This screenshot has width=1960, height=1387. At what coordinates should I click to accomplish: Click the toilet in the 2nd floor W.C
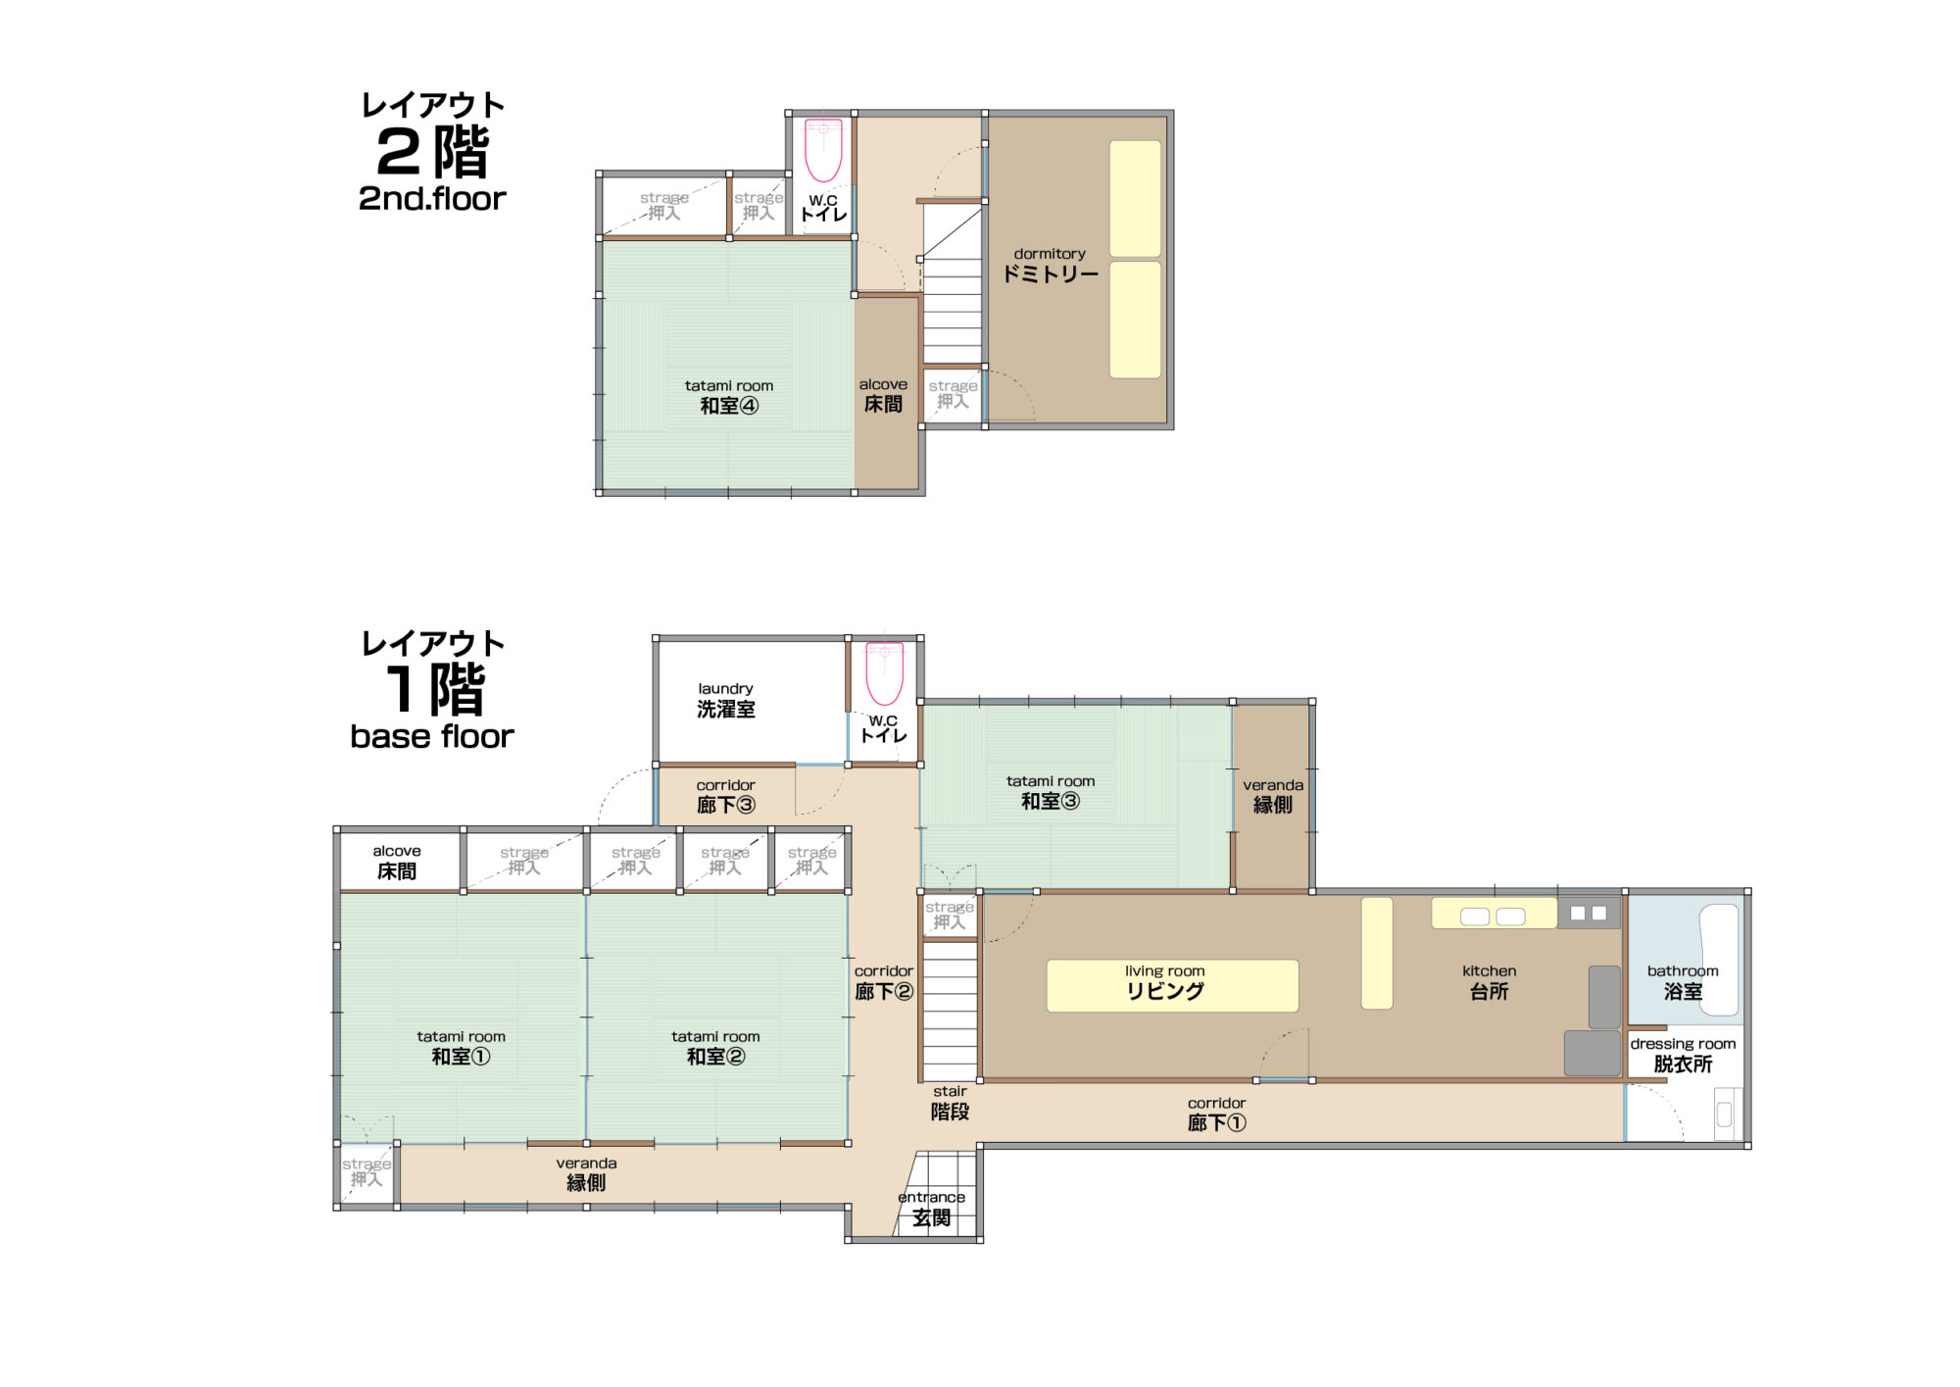(x=823, y=149)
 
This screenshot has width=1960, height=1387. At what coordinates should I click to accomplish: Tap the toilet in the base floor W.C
(x=884, y=673)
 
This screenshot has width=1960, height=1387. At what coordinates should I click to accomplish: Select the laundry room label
(x=726, y=700)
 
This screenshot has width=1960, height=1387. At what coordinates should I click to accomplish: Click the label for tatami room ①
(x=462, y=1048)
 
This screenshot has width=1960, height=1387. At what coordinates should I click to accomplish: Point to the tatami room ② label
(x=715, y=1048)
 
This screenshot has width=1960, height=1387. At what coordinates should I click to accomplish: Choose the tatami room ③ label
(x=1051, y=792)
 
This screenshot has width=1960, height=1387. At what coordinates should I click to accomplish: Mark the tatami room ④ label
(x=729, y=396)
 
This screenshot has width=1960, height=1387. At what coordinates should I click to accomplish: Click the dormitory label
(x=1050, y=265)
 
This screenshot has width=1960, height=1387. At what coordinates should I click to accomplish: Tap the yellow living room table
(x=1172, y=985)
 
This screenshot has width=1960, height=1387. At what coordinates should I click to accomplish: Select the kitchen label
(x=1489, y=981)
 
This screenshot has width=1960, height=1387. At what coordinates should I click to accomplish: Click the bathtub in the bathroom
(x=1718, y=959)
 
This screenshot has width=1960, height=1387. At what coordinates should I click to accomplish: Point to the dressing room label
(x=1683, y=1055)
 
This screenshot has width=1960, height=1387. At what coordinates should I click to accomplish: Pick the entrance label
(x=931, y=1209)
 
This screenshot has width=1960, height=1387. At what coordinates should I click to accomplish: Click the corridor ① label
(x=1217, y=1115)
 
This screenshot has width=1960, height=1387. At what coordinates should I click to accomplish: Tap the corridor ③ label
(x=726, y=796)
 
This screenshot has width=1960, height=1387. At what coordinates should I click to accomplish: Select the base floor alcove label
(x=397, y=862)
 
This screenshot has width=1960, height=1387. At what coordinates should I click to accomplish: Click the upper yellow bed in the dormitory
(x=1135, y=199)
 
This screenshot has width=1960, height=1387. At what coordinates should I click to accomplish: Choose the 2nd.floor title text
(x=432, y=199)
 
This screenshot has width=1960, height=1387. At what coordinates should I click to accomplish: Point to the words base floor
(x=432, y=736)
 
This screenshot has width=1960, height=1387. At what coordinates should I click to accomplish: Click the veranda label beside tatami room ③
(x=1273, y=796)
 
